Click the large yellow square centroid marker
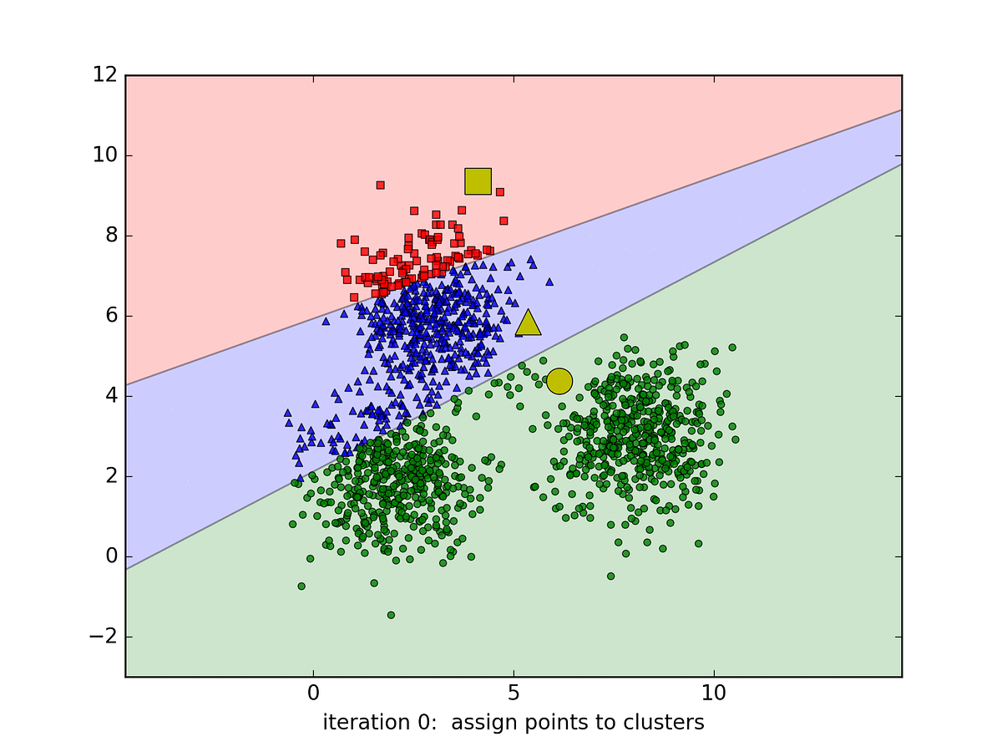tap(478, 180)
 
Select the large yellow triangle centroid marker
tap(528, 323)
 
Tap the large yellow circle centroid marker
tap(559, 381)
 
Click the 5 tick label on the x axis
tap(514, 694)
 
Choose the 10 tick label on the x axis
tap(714, 694)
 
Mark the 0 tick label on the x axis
tap(313, 694)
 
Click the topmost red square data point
tap(380, 185)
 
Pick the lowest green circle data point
tap(391, 615)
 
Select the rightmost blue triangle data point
tap(549, 282)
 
